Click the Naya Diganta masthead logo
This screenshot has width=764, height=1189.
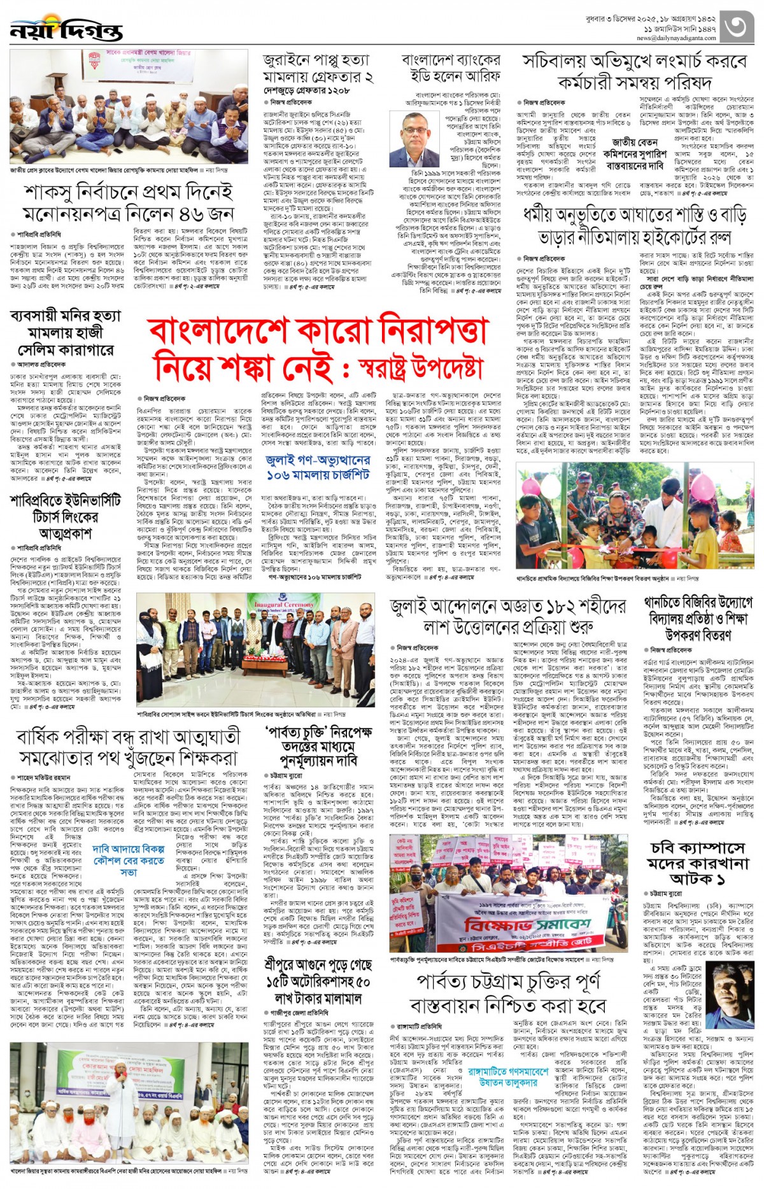click(66, 29)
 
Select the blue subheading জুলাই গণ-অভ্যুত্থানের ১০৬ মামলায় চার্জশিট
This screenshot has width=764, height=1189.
click(318, 467)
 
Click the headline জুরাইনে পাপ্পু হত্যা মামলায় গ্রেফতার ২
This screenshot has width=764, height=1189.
click(318, 69)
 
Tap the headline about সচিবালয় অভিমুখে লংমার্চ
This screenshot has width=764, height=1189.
click(633, 71)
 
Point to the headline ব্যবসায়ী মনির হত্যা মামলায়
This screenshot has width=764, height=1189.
click(66, 332)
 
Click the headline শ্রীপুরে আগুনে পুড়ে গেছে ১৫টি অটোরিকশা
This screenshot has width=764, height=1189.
click(317, 981)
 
